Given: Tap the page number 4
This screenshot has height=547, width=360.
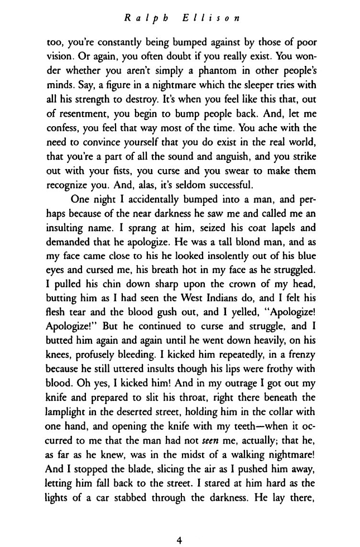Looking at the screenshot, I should [x=180, y=524].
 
